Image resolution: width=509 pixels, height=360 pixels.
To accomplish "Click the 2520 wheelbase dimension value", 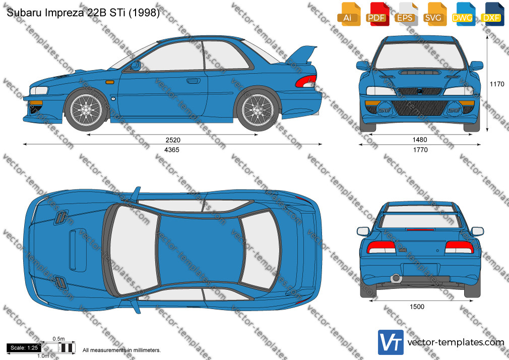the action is [173, 140].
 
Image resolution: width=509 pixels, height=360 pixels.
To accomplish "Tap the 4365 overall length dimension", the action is [172, 150].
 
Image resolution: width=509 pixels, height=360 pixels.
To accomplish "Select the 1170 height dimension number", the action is [497, 84].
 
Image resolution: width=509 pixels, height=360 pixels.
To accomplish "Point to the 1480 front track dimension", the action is [420, 140].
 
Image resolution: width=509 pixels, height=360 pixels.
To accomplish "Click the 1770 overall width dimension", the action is [420, 150].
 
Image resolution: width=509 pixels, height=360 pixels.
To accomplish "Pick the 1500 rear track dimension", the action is [417, 307].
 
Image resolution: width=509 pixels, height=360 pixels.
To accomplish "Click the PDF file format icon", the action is [377, 14].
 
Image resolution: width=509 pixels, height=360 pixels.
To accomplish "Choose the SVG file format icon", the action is [434, 14].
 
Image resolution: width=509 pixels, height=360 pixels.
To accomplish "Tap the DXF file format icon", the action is [492, 14].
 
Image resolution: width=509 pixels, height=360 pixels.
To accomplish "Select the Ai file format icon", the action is [349, 14].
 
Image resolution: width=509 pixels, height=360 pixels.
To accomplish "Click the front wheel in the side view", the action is [86, 109].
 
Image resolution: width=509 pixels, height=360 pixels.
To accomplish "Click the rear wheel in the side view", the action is [258, 109].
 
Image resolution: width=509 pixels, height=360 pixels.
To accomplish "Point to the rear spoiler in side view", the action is [301, 55].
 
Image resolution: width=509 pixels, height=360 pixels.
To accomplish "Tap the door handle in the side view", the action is [194, 81].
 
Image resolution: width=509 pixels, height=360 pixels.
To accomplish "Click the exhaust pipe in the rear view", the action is [396, 278].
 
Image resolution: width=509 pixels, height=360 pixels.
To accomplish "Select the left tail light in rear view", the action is [381, 247].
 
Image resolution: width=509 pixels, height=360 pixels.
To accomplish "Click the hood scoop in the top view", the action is [78, 251].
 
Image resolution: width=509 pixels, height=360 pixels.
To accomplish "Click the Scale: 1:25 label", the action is [24, 348].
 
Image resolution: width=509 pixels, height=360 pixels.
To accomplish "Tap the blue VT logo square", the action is [391, 342].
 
